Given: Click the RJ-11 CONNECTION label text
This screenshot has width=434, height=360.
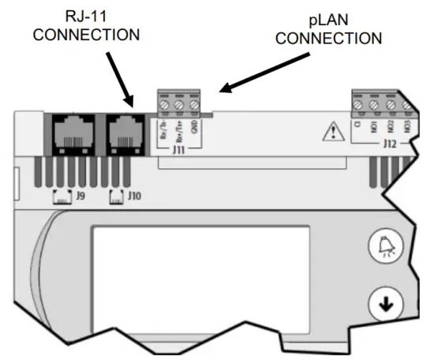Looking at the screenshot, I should pos(92,25).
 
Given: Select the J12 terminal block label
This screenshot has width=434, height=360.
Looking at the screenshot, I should pos(389,144).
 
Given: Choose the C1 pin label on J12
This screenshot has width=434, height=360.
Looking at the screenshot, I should pos(359,126).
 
